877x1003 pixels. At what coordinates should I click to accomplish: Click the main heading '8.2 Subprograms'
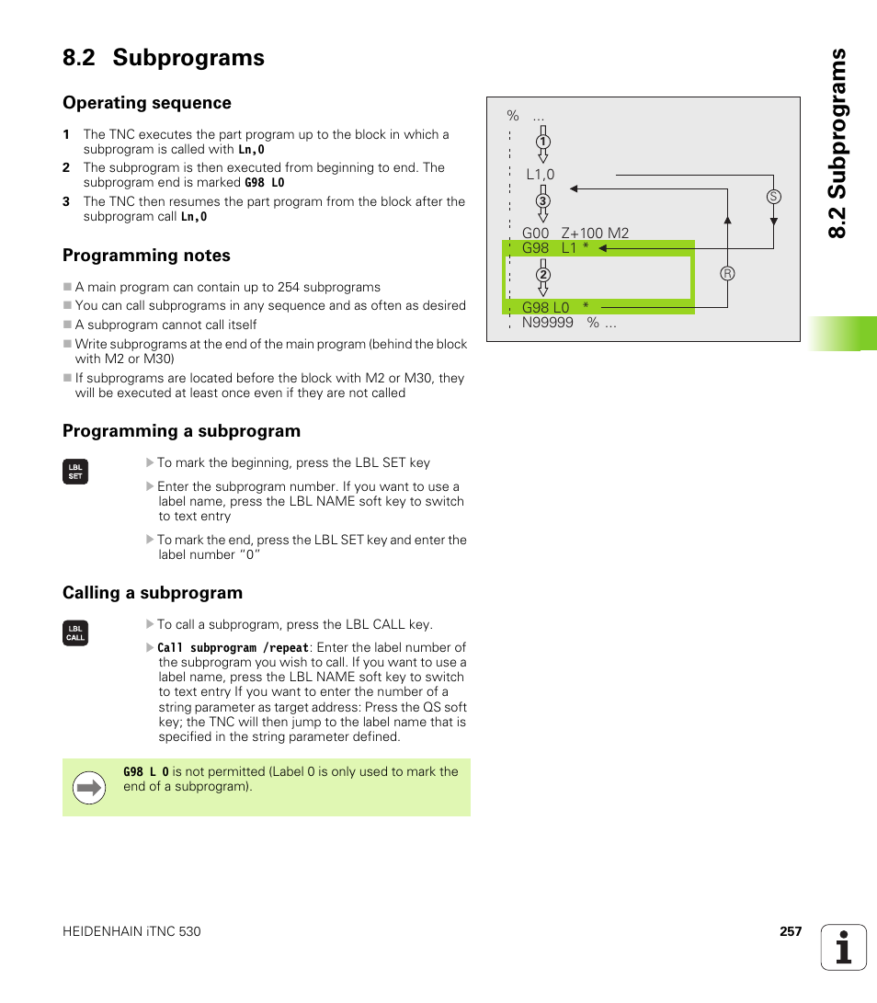tap(164, 58)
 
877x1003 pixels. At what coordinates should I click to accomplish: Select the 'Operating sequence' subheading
tap(147, 103)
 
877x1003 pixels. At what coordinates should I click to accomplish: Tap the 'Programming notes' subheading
tap(146, 256)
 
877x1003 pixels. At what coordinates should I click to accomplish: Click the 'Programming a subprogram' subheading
tap(181, 431)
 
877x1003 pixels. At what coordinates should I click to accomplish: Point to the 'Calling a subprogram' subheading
tap(153, 593)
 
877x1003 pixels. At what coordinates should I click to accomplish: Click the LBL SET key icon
tap(75, 472)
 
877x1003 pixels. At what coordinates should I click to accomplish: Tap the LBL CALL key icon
tap(75, 633)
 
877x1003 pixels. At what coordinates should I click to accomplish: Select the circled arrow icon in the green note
tap(89, 787)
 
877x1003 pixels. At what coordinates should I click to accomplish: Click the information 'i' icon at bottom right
tap(843, 947)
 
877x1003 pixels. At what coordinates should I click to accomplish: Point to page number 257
tap(791, 931)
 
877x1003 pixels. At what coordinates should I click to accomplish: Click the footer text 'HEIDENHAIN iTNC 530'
tap(131, 931)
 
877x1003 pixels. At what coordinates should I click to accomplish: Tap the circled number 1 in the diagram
tap(542, 142)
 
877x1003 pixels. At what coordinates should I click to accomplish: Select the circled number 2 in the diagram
tap(542, 275)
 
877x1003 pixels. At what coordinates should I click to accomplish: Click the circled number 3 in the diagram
tap(542, 201)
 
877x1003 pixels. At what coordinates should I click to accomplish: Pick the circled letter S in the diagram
tap(773, 197)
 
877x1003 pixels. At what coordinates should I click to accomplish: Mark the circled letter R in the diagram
tap(727, 273)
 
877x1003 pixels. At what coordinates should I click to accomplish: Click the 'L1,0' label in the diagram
tap(541, 175)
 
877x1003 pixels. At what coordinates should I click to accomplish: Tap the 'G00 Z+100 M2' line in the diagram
tap(575, 234)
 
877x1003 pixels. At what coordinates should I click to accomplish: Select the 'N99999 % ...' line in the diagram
tap(569, 323)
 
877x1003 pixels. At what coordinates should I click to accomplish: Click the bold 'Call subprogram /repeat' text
tap(233, 648)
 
